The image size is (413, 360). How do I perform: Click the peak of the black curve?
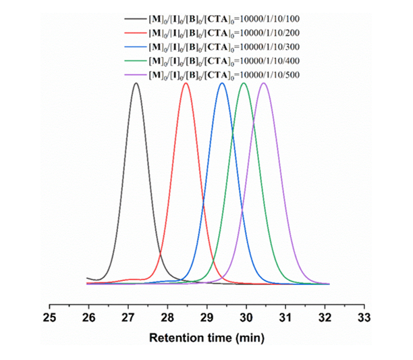coord(136,83)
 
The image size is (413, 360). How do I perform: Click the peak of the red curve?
coord(186,83)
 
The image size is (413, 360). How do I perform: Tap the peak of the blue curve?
coord(222,83)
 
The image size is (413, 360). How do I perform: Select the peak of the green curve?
coord(244,83)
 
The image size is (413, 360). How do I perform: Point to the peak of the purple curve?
coord(265,83)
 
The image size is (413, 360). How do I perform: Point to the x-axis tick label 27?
coord(128,316)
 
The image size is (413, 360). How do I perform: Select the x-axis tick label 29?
coord(206,316)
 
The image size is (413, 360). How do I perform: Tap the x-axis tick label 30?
coord(246,316)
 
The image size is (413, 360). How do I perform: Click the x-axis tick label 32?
coord(325,316)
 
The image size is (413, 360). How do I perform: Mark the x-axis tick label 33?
coord(364,316)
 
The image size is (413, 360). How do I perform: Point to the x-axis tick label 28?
coord(167,316)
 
